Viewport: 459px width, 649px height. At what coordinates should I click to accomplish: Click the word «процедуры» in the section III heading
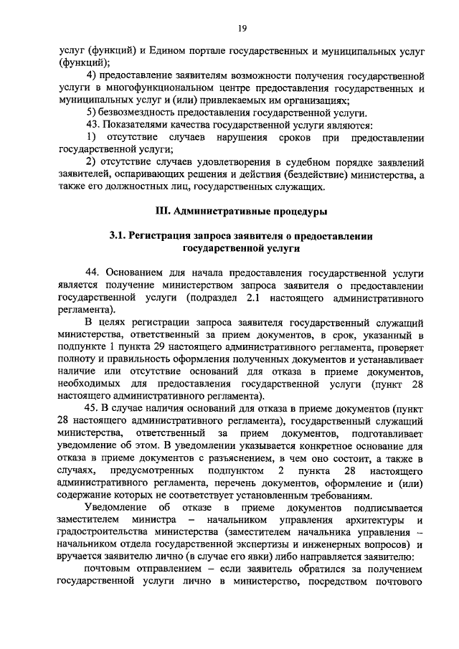pos(296,212)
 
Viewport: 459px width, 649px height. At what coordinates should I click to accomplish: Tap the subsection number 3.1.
pos(118,236)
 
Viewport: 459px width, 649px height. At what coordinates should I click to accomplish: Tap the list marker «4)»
pos(92,75)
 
